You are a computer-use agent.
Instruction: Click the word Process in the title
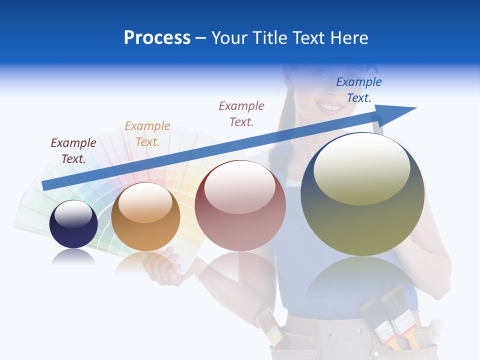(157, 38)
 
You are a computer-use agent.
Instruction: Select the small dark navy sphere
(73, 224)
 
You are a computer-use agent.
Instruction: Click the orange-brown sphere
(145, 216)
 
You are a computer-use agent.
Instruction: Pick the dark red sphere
(240, 205)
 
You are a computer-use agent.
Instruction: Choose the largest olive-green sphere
(362, 194)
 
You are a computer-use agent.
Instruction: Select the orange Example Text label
(147, 134)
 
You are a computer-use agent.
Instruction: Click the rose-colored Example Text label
(241, 113)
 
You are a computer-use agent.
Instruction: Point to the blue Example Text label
(359, 89)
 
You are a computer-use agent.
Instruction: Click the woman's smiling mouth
(330, 107)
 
